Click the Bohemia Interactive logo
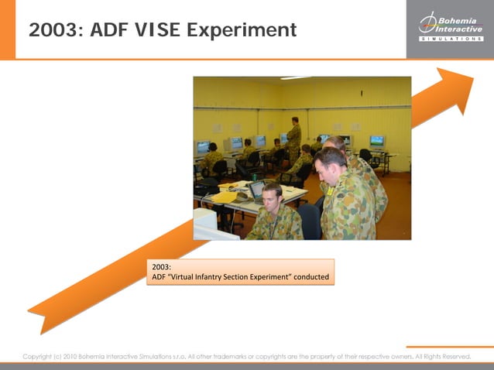pos(450,23)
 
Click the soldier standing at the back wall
pos(293,135)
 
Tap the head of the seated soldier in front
pos(272,195)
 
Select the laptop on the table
pos(256,190)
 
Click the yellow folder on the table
pos(225,196)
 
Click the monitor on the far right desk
pos(377,142)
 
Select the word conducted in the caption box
pos(311,277)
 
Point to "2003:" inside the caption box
pos(161,267)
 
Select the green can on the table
pos(253,176)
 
